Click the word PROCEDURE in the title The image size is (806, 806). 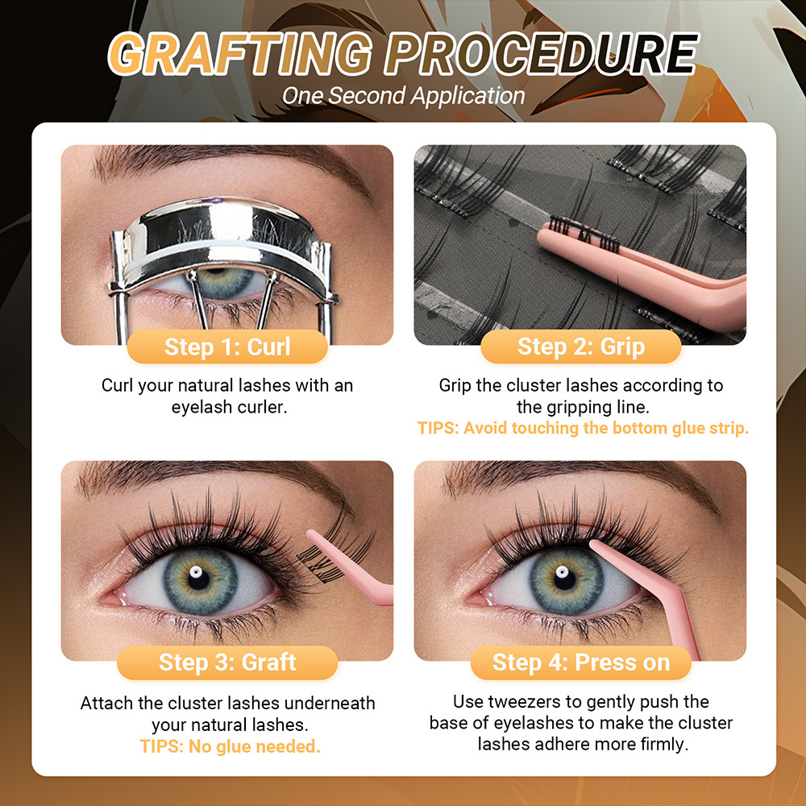pyautogui.click(x=541, y=54)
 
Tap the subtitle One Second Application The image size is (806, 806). pyautogui.click(x=403, y=95)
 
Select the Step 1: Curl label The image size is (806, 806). pyautogui.click(x=227, y=347)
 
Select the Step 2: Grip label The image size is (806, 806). pyautogui.click(x=580, y=347)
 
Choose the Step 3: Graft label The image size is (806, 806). pyautogui.click(x=227, y=663)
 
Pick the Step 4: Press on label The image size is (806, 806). pyautogui.click(x=580, y=663)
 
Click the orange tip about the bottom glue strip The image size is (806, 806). pyautogui.click(x=583, y=429)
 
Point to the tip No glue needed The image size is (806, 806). pyautogui.click(x=230, y=746)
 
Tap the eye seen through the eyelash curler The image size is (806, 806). pyautogui.click(x=225, y=281)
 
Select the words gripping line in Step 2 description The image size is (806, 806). pyautogui.click(x=606, y=407)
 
